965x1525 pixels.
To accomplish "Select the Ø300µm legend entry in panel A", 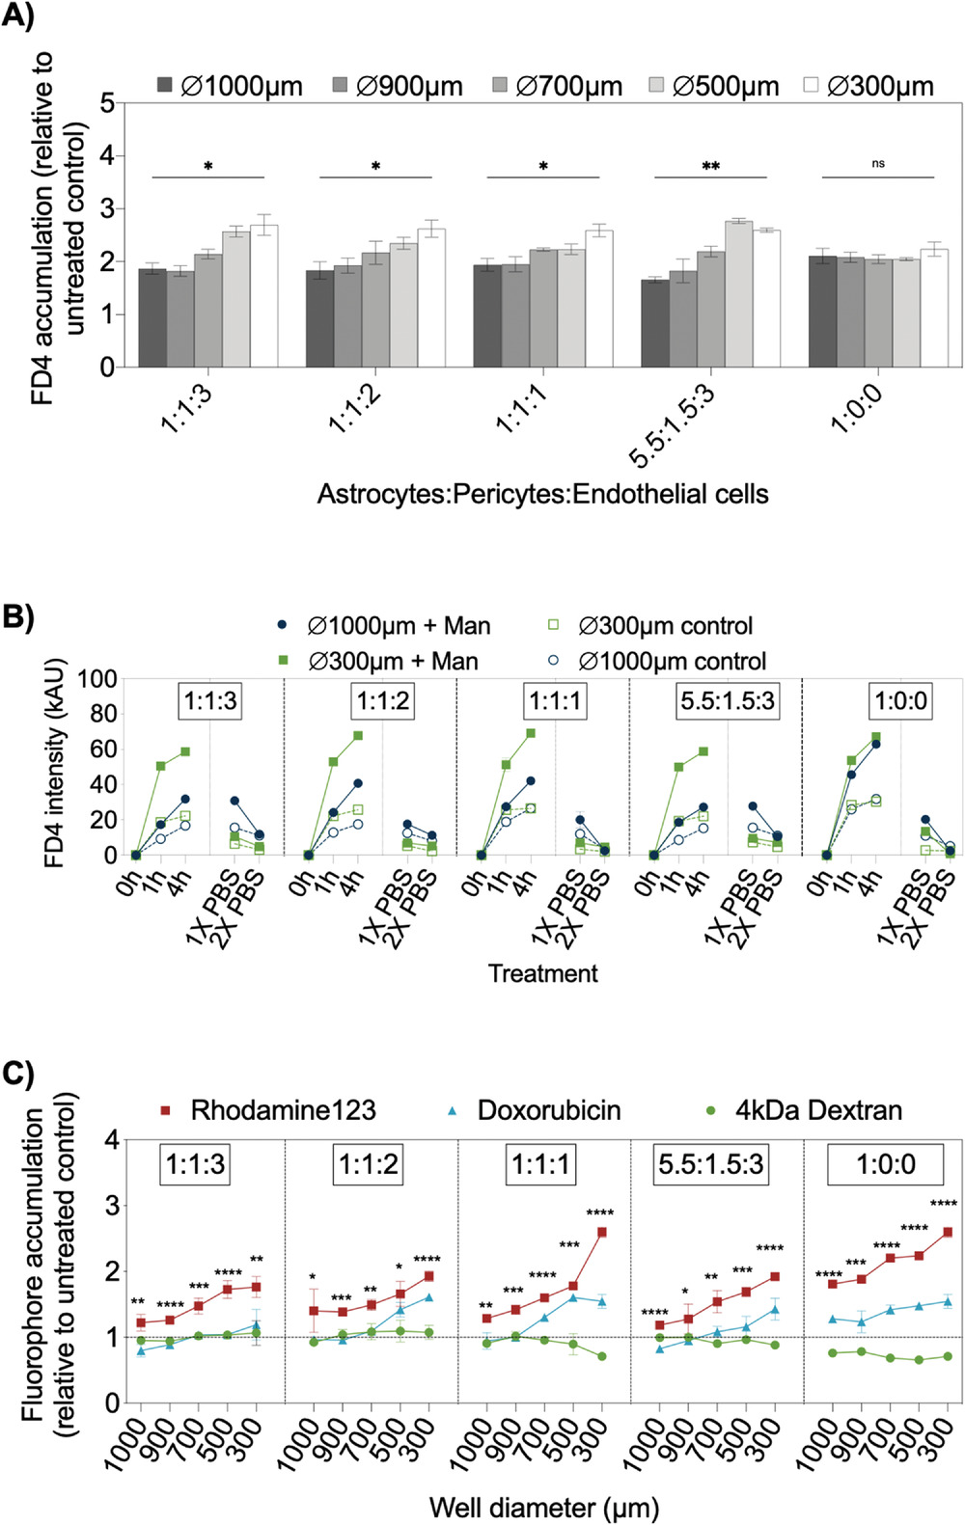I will tap(868, 87).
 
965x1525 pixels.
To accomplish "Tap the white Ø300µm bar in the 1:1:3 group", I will tap(263, 295).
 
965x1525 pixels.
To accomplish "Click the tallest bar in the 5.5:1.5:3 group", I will tap(738, 293).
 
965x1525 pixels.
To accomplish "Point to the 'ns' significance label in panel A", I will tap(878, 164).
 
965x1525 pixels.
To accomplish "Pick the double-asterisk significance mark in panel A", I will tap(710, 167).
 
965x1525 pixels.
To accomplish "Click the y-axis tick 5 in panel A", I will tap(107, 102).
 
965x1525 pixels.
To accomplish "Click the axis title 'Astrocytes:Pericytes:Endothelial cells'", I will tap(542, 494).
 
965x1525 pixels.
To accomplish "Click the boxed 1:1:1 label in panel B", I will tap(555, 700).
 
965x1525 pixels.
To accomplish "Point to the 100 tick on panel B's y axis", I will tap(96, 679).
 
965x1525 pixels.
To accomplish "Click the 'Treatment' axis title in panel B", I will tap(542, 973).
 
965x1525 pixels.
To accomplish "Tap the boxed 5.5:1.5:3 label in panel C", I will tap(711, 1164).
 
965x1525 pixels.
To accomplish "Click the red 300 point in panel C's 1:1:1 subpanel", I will tap(602, 1232).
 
